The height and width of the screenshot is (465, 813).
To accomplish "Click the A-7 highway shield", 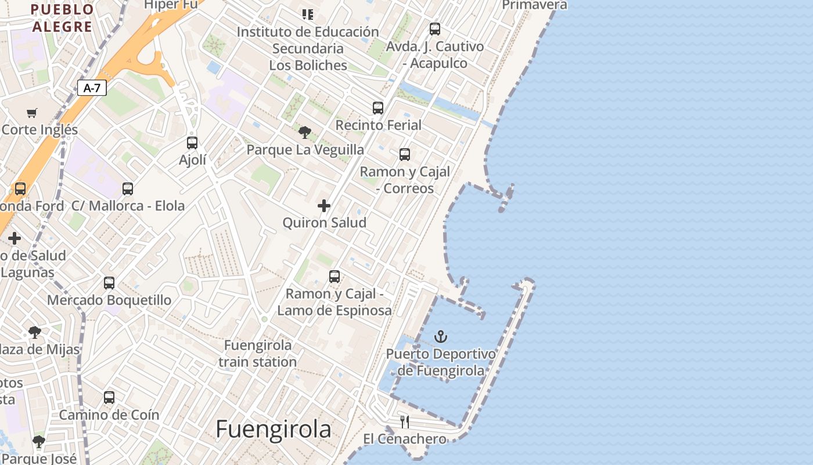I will pos(92,88).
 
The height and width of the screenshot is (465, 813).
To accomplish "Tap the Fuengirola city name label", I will pos(273,430).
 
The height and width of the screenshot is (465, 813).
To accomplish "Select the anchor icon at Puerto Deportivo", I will pos(441,337).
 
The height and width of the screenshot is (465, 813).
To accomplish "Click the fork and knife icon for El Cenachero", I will pos(405,421).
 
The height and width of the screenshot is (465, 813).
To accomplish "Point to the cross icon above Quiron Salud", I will pos(324,206).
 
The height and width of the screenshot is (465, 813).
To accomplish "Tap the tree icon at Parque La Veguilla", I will pos(305,133).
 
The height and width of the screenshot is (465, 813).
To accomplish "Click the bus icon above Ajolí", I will pos(192,142).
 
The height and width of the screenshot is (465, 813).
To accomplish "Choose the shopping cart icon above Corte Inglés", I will pos(32,113).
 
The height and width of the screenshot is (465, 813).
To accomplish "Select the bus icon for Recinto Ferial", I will pos(378,108).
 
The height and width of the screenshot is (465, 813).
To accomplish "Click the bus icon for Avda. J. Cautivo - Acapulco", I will pos(435,29).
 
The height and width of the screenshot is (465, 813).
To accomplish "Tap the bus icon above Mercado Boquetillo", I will pos(109,283).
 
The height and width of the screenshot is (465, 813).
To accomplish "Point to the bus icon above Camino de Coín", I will pos(109,398).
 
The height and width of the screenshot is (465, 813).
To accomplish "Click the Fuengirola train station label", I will pos(258,353).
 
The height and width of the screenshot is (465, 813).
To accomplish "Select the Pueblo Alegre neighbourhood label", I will pos(62,18).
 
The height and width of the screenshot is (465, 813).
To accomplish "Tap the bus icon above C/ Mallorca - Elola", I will pos(128,189).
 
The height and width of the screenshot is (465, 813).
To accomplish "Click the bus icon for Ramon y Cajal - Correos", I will pos(405,155).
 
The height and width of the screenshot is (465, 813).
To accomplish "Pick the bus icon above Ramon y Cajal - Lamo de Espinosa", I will pos(334,277).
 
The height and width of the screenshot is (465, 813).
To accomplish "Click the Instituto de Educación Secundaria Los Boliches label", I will pos(308,48).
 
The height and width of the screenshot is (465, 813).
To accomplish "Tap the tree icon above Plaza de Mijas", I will pos(35,332).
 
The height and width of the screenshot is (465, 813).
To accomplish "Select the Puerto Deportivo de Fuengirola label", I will pos(441,362).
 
